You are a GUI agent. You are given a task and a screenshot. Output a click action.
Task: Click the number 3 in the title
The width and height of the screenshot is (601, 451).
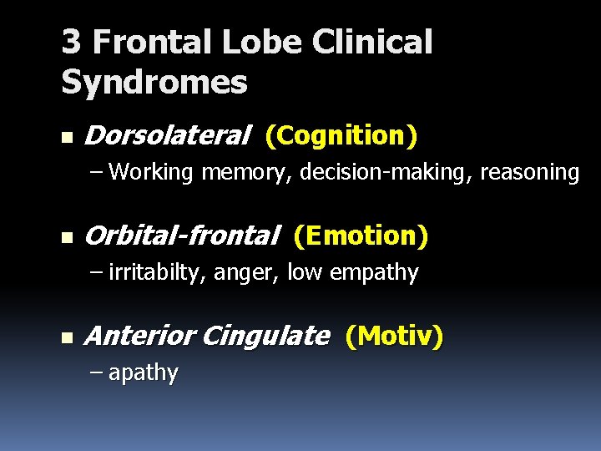71,43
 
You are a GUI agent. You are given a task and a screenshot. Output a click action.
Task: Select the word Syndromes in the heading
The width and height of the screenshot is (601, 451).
154,82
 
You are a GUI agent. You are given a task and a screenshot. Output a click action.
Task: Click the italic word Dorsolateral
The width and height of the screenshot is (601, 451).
167,134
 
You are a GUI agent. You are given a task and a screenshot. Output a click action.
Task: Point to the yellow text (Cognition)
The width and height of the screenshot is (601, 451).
341,134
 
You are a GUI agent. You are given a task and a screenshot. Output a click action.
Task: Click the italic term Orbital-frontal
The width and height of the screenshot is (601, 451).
181,236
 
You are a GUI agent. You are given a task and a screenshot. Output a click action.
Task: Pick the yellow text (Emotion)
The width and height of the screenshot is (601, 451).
361,236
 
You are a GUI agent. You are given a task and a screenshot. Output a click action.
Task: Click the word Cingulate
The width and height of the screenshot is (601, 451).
265,337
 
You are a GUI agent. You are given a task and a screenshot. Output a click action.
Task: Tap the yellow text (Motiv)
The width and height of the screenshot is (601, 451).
393,337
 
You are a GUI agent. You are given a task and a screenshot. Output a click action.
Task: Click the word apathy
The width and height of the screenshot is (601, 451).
143,373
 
